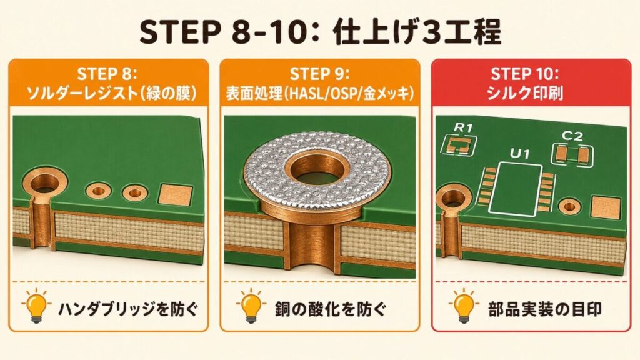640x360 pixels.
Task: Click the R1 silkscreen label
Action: click(463, 127)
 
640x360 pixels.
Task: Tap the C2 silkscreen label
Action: click(572, 136)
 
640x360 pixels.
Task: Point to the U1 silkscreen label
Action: click(519, 154)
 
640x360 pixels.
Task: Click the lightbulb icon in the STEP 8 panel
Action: click(36, 306)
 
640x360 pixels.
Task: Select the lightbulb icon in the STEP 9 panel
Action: click(251, 306)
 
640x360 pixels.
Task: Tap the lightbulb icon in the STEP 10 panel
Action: click(463, 306)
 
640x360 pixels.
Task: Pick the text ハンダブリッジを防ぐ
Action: click(128, 309)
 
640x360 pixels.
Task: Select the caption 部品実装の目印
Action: click(545, 309)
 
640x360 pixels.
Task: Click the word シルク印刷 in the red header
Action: click(525, 93)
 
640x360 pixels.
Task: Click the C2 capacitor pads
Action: click(572, 154)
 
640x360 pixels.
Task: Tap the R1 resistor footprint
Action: click(459, 144)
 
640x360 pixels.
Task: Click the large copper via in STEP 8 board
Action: click(44, 183)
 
